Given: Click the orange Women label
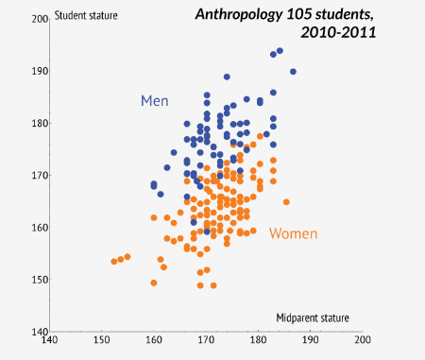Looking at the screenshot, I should [x=293, y=233].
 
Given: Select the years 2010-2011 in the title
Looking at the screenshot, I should [x=337, y=33].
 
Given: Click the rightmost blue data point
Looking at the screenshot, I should [x=293, y=72].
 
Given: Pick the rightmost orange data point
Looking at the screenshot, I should [x=286, y=201].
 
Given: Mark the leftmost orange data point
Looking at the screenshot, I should [x=114, y=262].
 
